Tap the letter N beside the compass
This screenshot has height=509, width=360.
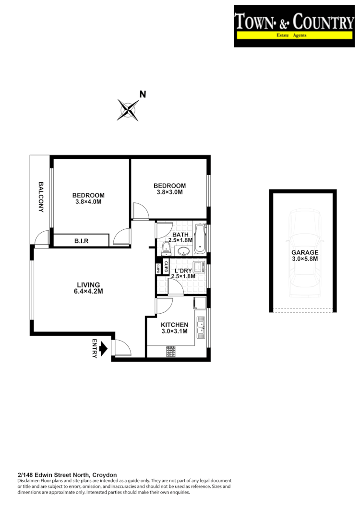point(143,95)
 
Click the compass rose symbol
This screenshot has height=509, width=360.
point(128,109)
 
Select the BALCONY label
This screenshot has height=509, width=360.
point(41,197)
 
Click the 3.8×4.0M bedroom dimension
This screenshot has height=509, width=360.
point(88,202)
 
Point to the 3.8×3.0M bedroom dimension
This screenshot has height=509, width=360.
point(169,192)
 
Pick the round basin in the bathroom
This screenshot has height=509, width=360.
point(183,251)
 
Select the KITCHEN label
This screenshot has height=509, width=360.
point(174,325)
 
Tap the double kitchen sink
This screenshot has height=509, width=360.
point(201,330)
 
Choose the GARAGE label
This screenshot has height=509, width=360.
point(304,252)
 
